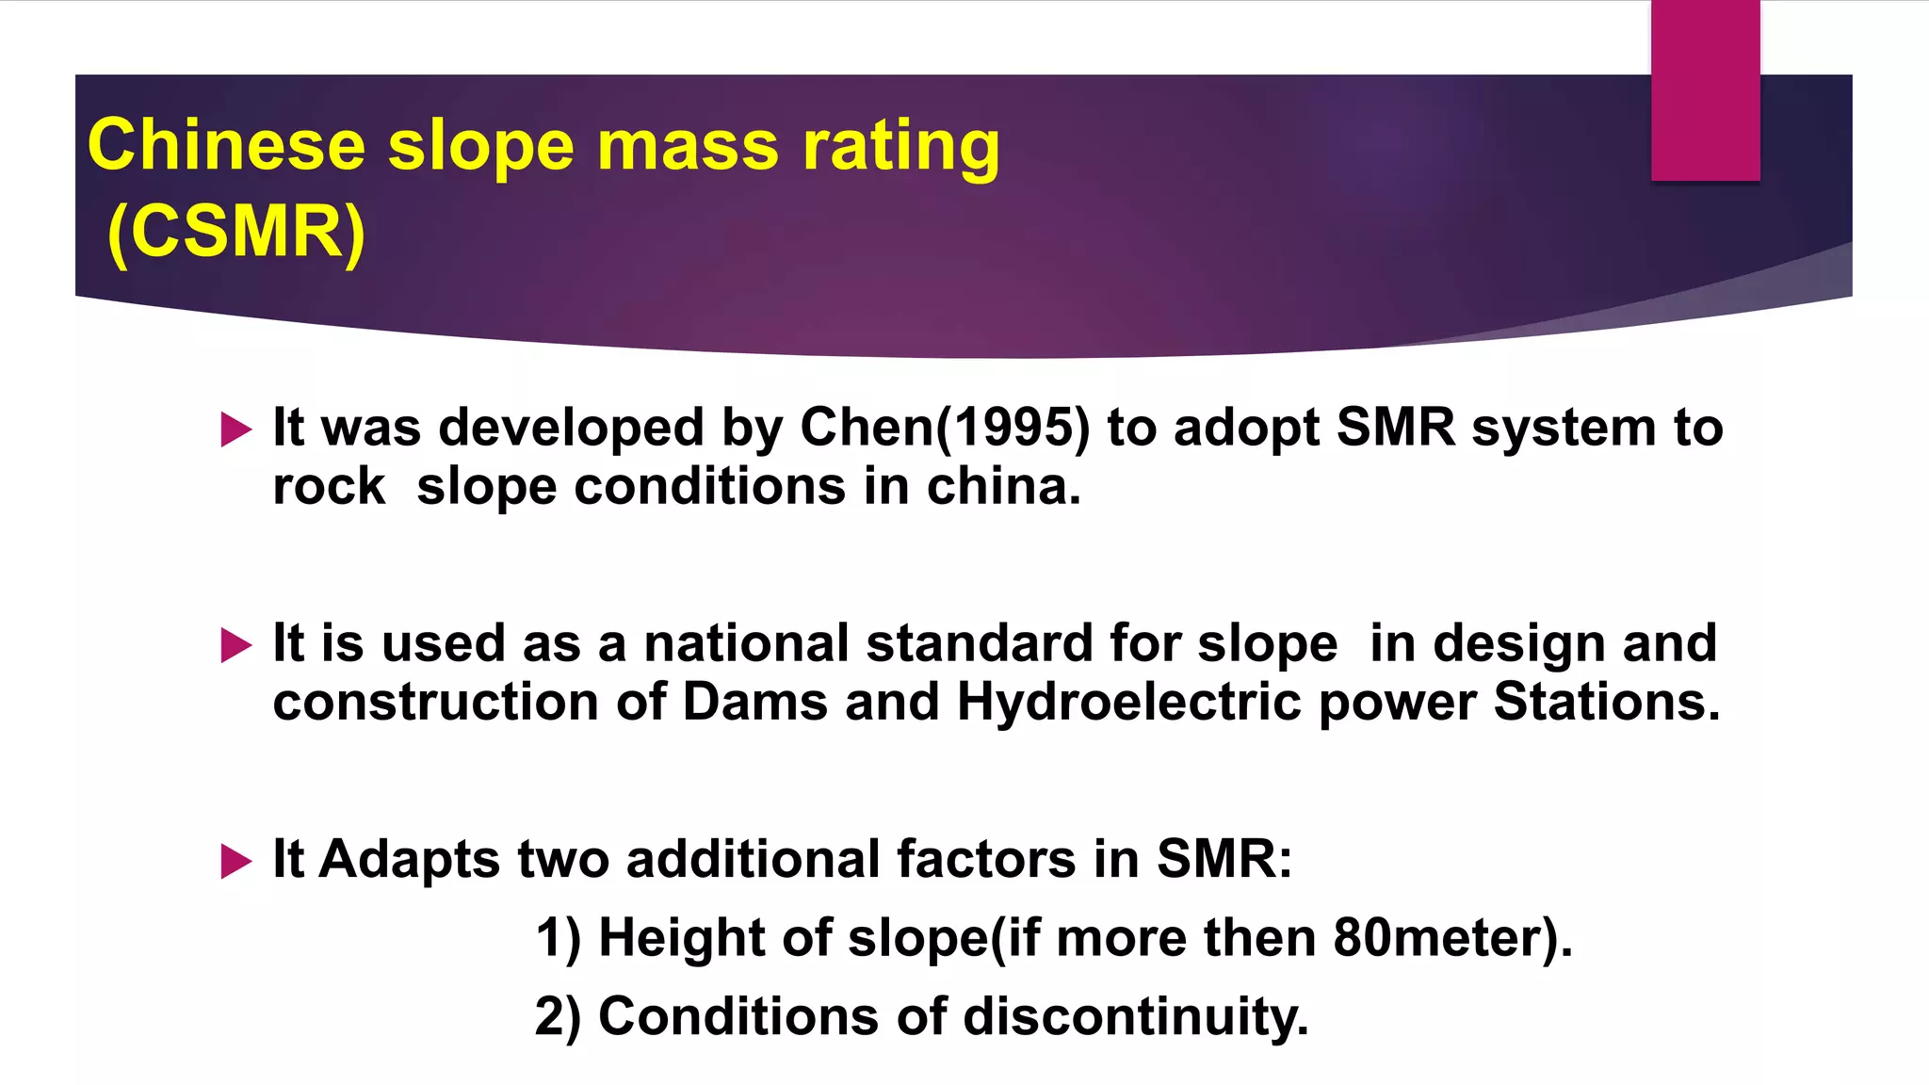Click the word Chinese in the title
pos(226,146)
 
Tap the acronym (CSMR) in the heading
pos(235,232)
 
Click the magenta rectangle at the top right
pos(1705,90)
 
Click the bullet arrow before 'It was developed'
pos(235,429)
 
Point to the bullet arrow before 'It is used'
pos(235,646)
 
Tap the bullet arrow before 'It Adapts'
pos(235,861)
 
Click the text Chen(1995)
pos(945,429)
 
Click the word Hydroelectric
pos(1128,703)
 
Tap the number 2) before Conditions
pos(558,1017)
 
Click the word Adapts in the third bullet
pos(409,860)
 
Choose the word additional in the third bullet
pos(753,860)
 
